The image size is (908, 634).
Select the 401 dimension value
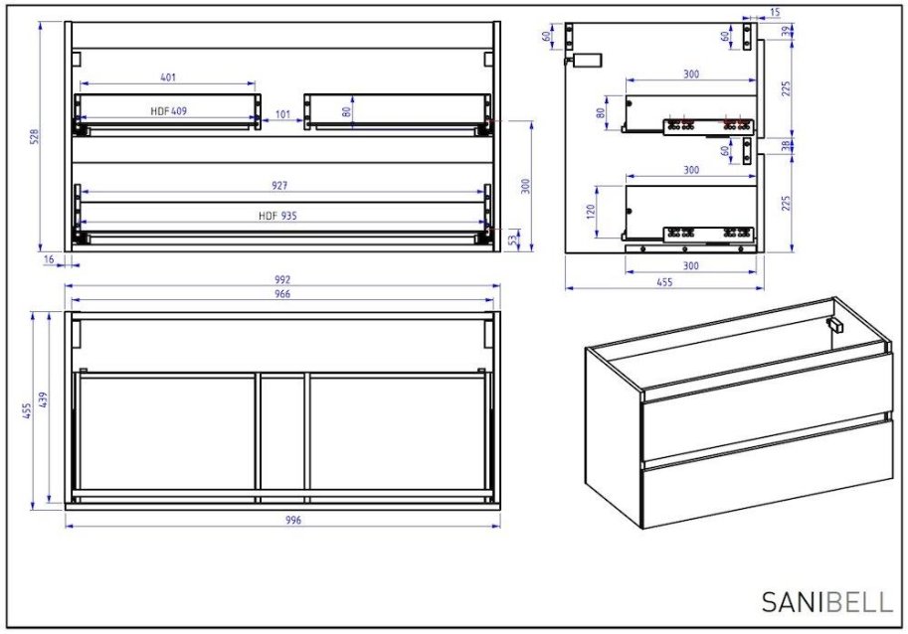tap(168, 77)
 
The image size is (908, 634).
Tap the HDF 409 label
tap(168, 111)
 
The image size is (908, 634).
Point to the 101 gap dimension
tap(282, 115)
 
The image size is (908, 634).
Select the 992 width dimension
tap(283, 279)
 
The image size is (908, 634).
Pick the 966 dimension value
tap(283, 293)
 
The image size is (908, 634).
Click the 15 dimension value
tap(774, 13)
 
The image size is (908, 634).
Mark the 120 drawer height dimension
tap(589, 212)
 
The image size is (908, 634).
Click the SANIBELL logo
tap(827, 601)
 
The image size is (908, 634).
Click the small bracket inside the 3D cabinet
tap(834, 325)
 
